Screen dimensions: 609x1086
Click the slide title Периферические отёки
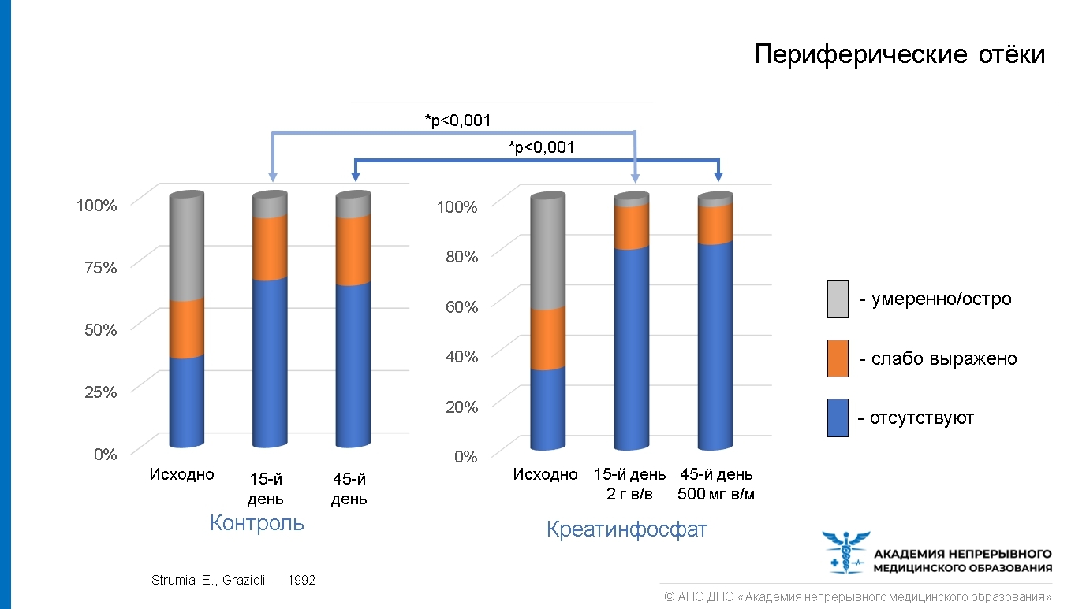[x=899, y=54]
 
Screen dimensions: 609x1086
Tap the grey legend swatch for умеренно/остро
[x=838, y=299]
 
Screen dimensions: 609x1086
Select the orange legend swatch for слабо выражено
[x=838, y=358]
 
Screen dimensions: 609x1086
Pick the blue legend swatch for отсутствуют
[x=838, y=418]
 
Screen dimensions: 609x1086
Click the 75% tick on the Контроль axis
[x=100, y=267]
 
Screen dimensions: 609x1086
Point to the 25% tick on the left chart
[x=100, y=392]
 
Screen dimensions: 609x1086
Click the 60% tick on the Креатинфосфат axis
[x=461, y=306]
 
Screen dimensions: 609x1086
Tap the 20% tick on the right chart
[x=461, y=407]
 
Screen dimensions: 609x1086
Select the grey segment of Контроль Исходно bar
[x=187, y=247]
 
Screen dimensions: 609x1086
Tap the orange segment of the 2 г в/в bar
[x=632, y=227]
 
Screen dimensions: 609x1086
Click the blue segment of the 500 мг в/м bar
[x=715, y=347]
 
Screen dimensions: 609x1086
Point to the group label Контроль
[x=257, y=524]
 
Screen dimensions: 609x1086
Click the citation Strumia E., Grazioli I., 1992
[x=233, y=580]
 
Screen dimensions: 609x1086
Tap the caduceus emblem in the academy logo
[x=846, y=551]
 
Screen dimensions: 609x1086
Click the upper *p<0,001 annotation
[x=457, y=121]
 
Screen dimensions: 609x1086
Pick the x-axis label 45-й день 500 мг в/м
[x=716, y=485]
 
